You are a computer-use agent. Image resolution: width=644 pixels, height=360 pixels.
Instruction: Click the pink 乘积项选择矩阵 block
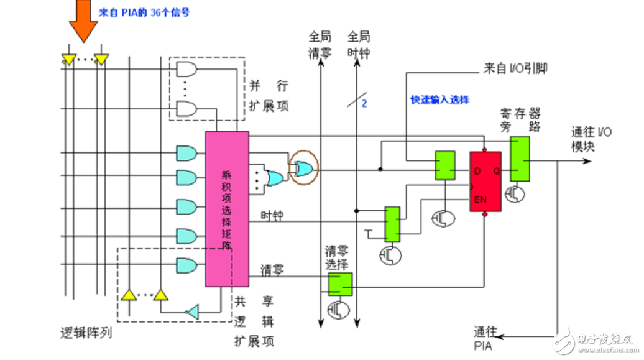pyautogui.click(x=226, y=209)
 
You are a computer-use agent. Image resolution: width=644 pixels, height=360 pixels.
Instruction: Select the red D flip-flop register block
pyautogui.click(x=485, y=180)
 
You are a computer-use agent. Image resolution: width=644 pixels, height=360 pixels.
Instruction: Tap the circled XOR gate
pyautogui.click(x=304, y=167)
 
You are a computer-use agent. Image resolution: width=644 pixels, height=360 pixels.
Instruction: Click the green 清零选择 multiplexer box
pyautogui.click(x=341, y=284)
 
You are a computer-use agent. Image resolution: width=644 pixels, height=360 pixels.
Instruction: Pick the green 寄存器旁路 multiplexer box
pyautogui.click(x=520, y=159)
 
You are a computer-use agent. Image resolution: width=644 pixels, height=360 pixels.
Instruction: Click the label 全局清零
pyautogui.click(x=320, y=44)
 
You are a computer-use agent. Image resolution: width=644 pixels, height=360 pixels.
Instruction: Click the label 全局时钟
pyautogui.click(x=359, y=44)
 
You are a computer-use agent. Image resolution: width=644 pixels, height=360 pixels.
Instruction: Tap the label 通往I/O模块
pyautogui.click(x=592, y=139)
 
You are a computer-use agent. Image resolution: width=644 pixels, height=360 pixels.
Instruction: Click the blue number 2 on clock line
pyautogui.click(x=365, y=104)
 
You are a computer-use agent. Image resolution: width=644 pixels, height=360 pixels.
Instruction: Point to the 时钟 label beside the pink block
pyautogui.click(x=272, y=216)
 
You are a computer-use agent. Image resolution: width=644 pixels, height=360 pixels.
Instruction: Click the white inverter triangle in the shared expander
pyautogui.click(x=194, y=310)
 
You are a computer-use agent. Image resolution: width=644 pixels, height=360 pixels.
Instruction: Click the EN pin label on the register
pyautogui.click(x=479, y=200)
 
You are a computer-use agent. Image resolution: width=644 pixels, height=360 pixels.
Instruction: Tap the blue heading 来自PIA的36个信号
pyautogui.click(x=144, y=11)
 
